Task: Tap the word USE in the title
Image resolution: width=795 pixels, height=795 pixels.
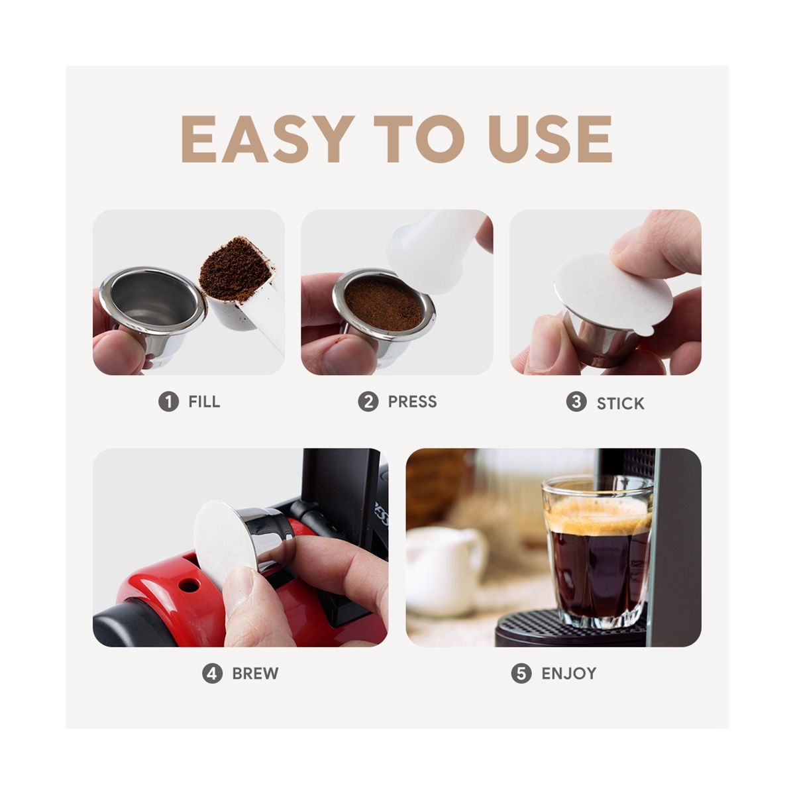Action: [550, 139]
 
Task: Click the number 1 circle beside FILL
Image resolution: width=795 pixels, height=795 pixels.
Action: [168, 401]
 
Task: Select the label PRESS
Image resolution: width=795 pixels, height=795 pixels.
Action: [412, 401]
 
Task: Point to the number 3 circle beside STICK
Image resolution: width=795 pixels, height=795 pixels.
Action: [576, 401]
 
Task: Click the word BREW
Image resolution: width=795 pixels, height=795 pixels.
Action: [255, 673]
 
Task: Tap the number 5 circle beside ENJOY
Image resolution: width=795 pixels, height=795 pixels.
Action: [521, 673]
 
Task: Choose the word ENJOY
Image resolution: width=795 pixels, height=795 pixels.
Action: [569, 673]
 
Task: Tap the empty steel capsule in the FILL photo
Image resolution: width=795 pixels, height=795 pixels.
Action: [152, 313]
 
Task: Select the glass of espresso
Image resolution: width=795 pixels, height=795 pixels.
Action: [598, 556]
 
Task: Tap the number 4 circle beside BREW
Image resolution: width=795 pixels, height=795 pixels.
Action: [212, 673]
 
